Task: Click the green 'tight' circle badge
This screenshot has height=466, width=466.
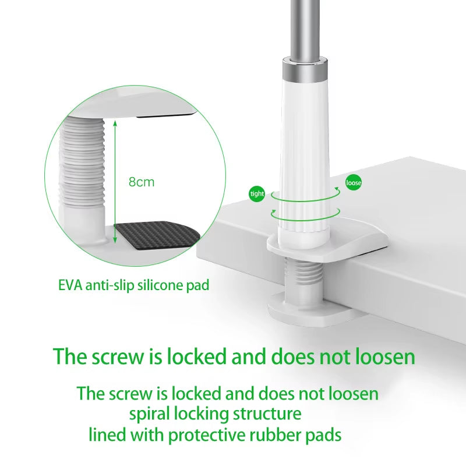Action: (257, 194)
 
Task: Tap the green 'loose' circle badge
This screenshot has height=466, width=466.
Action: (354, 183)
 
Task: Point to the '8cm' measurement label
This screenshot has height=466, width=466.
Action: (142, 182)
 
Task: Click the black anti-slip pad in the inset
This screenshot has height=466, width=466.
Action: (156, 236)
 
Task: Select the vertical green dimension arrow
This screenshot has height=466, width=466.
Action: (115, 181)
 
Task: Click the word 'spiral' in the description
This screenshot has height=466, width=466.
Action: (150, 414)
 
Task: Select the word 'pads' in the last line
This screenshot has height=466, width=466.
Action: (320, 435)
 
